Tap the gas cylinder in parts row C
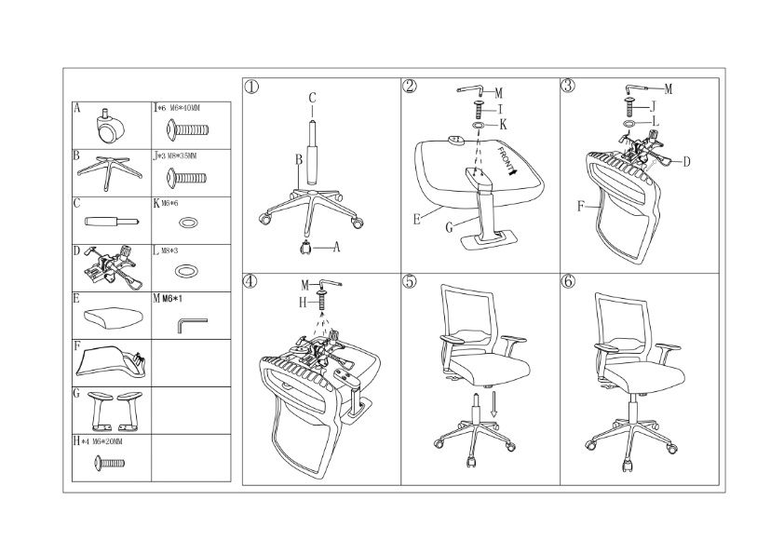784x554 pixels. pyautogui.click(x=112, y=221)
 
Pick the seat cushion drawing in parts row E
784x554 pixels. pyautogui.click(x=114, y=316)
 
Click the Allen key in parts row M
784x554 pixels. pyautogui.click(x=191, y=324)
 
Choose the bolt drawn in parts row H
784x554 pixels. pyautogui.click(x=110, y=464)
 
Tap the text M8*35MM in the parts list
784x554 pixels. pyautogui.click(x=182, y=156)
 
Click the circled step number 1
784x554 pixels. pyautogui.click(x=251, y=87)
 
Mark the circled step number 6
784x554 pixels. pyautogui.click(x=568, y=281)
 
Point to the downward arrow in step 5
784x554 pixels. pyautogui.click(x=493, y=404)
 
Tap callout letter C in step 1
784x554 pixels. pyautogui.click(x=312, y=98)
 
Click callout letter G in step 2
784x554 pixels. pyautogui.click(x=449, y=227)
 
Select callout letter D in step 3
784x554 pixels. pyautogui.click(x=686, y=161)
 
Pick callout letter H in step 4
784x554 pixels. pyautogui.click(x=303, y=302)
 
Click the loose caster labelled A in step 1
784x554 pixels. pyautogui.click(x=305, y=248)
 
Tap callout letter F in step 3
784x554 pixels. pyautogui.click(x=580, y=206)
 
